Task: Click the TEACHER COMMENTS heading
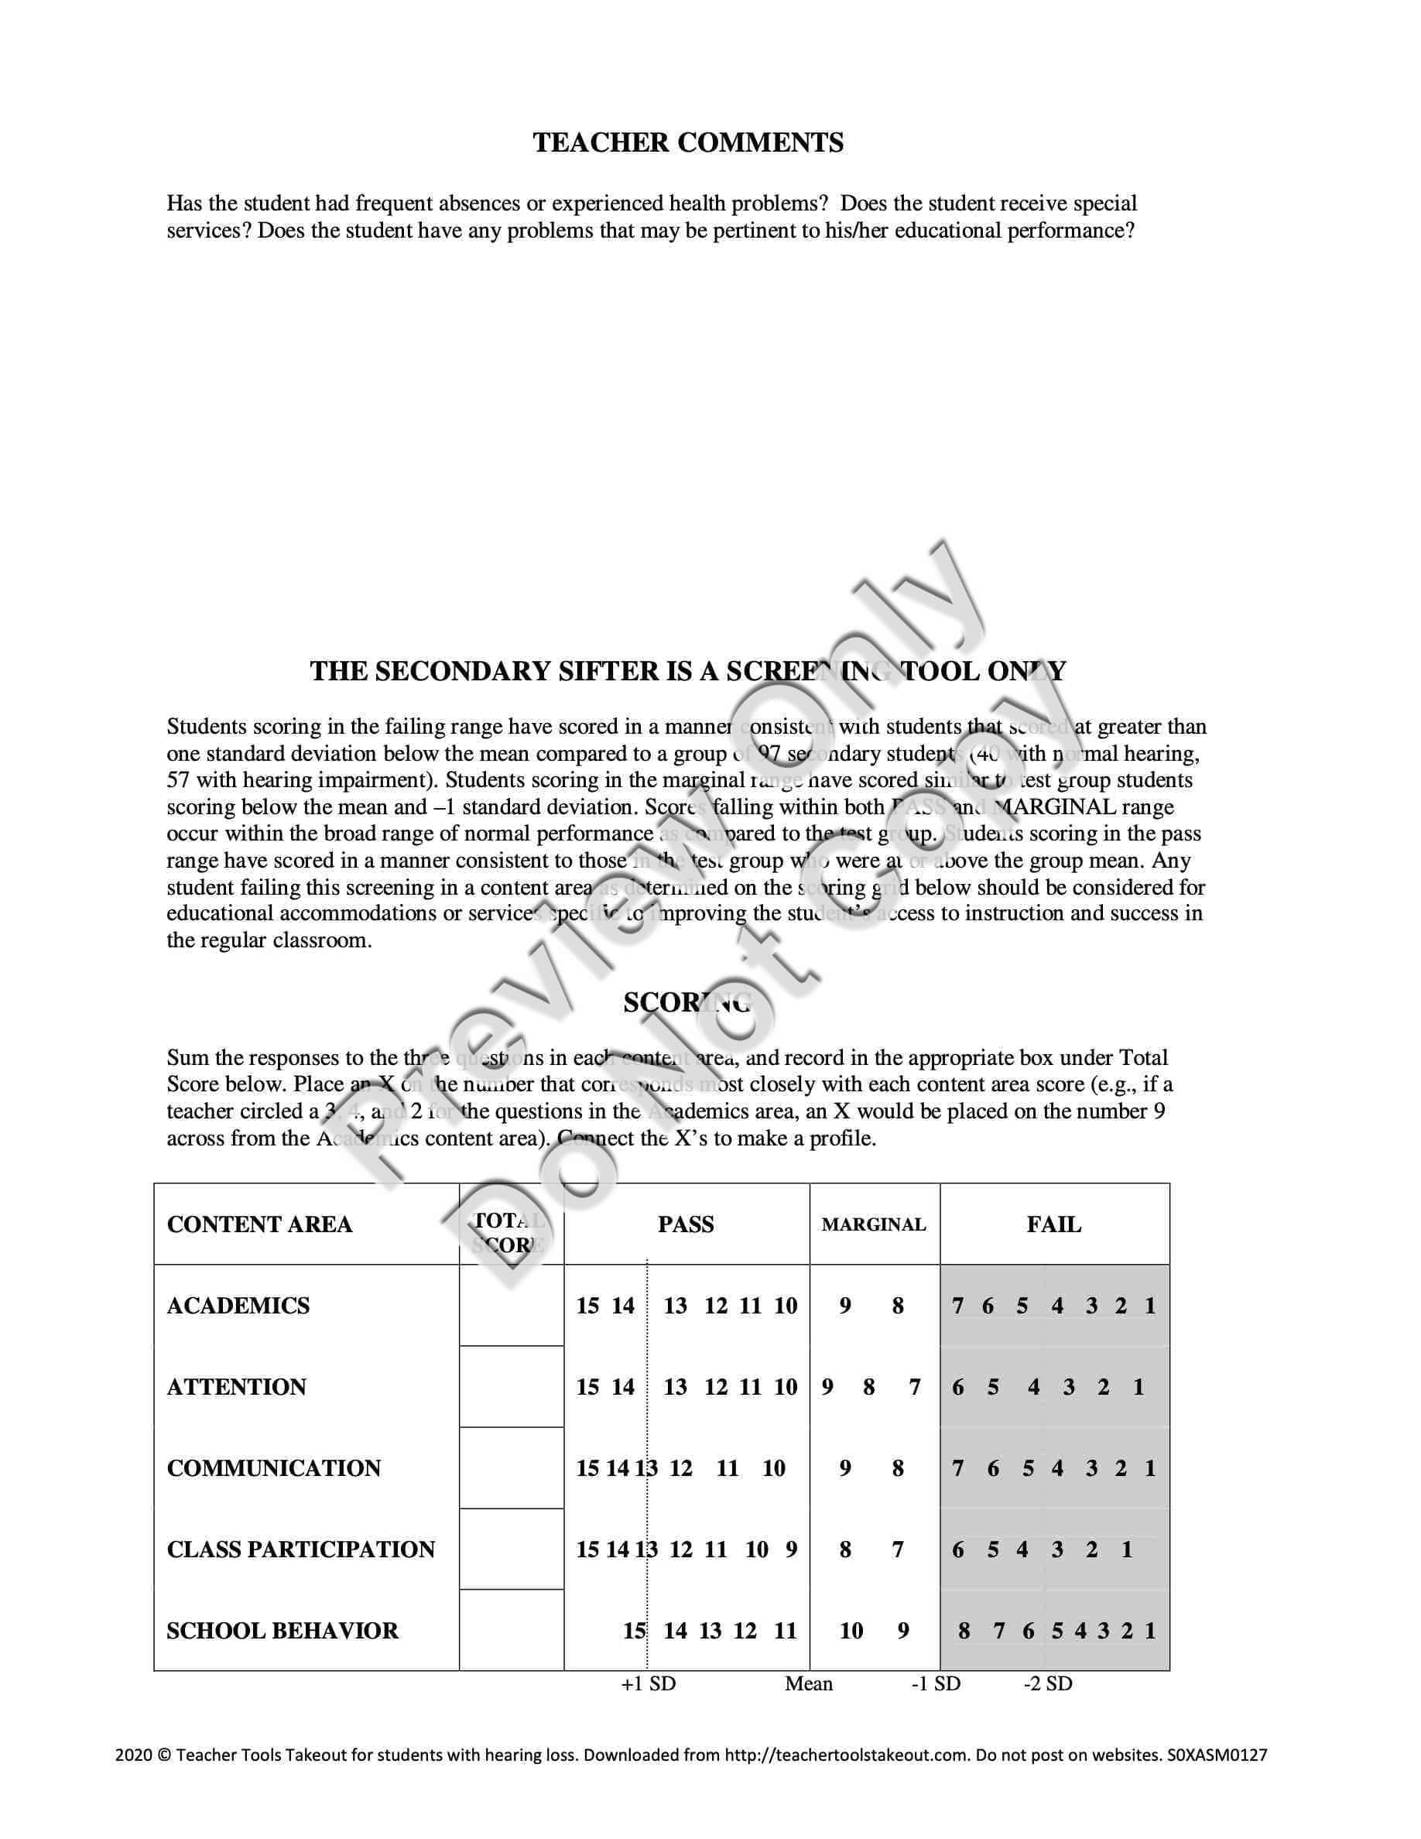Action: tap(688, 142)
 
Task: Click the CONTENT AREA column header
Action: tap(259, 1224)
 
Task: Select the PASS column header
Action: tap(686, 1224)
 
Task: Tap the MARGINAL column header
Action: tap(874, 1225)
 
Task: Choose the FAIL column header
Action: tap(1054, 1224)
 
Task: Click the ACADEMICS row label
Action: tap(238, 1306)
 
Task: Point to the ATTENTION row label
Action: tap(237, 1387)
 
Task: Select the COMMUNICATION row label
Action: tap(273, 1468)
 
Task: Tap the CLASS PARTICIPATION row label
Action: tap(300, 1550)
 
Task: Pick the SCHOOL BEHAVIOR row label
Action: tap(282, 1631)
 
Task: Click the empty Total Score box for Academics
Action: tap(511, 1305)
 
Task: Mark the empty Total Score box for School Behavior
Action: tap(511, 1630)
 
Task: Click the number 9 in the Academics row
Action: tap(845, 1306)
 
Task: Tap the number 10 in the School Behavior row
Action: tap(851, 1631)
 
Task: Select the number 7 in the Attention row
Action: tap(914, 1387)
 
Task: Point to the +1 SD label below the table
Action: tap(649, 1683)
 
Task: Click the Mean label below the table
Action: tap(809, 1683)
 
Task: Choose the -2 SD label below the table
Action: tap(1048, 1683)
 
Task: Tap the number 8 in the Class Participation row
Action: tap(845, 1550)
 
